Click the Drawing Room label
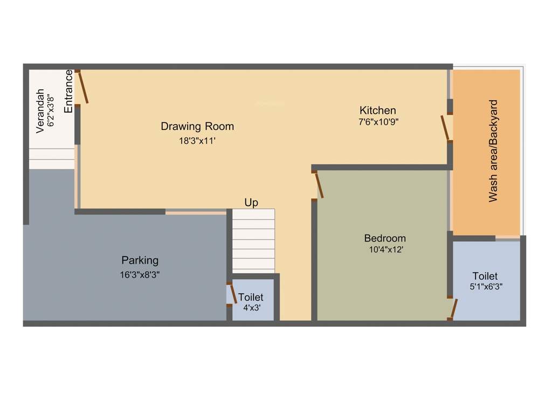click(x=197, y=127)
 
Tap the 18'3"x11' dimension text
click(x=197, y=141)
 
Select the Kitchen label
click(x=378, y=111)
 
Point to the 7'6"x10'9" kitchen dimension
click(x=378, y=122)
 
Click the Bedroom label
click(x=385, y=238)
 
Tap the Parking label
click(x=140, y=260)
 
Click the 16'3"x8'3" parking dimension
click(x=140, y=274)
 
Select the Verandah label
click(x=40, y=111)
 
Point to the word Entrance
click(x=68, y=91)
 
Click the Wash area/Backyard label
click(x=493, y=151)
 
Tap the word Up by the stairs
click(x=251, y=203)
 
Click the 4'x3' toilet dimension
click(x=251, y=308)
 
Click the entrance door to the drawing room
click(x=82, y=87)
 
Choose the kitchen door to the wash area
click(x=445, y=128)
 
